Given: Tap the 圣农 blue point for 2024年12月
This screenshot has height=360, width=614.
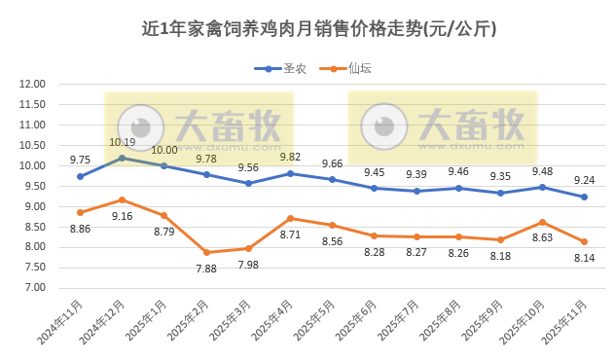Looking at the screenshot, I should (122, 158).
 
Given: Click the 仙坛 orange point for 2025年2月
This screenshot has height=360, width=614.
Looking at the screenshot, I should (206, 252).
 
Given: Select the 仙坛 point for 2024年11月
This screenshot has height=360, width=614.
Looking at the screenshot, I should (80, 212).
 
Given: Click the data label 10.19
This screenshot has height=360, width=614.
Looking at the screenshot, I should (122, 142).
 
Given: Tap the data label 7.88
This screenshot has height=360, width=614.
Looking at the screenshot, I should (206, 269).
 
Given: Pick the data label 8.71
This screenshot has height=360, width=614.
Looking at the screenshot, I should (290, 234).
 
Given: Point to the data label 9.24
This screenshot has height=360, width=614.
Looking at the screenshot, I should (585, 180).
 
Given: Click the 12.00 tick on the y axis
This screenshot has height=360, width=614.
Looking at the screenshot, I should (33, 84).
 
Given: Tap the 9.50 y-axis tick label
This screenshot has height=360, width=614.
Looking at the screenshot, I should (33, 186).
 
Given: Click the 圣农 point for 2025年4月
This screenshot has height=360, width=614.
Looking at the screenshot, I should (290, 173).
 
